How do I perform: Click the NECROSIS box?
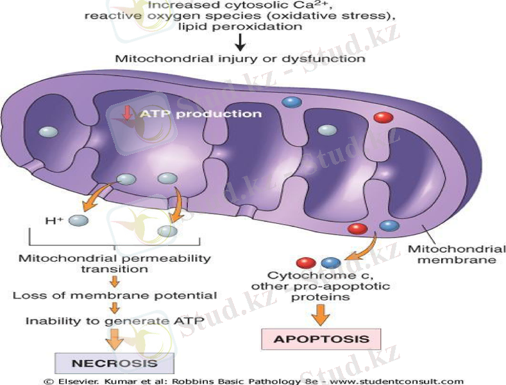pyautogui.click(x=114, y=363)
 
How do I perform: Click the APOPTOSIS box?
pyautogui.click(x=321, y=338)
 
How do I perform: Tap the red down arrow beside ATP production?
pyautogui.click(x=127, y=114)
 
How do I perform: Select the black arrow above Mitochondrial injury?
pyautogui.click(x=240, y=42)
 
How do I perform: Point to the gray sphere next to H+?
pyautogui.click(x=78, y=220)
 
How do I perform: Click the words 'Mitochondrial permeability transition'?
pyautogui.click(x=115, y=264)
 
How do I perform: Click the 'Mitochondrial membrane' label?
pyautogui.click(x=456, y=254)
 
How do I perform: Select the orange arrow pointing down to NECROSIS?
pyautogui.click(x=115, y=338)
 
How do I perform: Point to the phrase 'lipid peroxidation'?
pyautogui.click(x=240, y=27)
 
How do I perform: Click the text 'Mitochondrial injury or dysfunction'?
pyautogui.click(x=240, y=58)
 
